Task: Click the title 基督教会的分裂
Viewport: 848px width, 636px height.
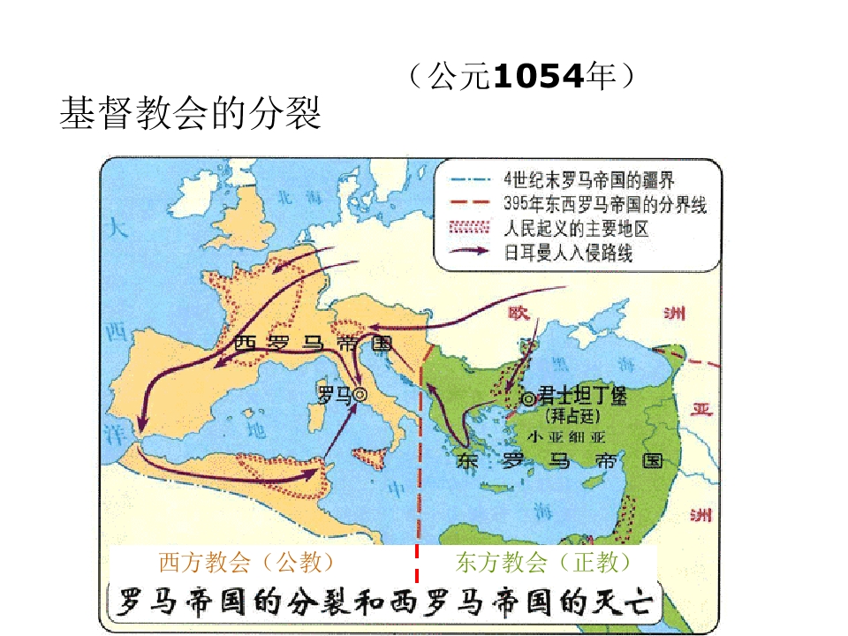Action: [190, 115]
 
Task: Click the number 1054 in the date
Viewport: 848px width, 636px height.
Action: [537, 77]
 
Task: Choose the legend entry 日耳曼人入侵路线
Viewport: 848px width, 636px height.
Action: [568, 254]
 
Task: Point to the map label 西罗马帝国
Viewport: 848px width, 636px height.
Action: [313, 344]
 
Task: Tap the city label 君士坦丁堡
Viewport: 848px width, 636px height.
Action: [582, 397]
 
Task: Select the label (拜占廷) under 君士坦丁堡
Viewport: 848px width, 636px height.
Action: [575, 415]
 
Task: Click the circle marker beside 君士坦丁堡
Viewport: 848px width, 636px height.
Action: [529, 399]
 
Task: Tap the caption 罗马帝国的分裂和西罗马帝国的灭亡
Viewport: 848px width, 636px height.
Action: [381, 602]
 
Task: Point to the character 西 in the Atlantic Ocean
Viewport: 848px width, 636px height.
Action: [115, 333]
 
